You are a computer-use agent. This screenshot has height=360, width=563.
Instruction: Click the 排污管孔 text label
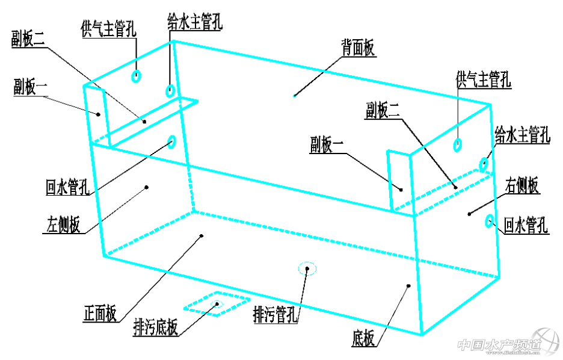click(276, 314)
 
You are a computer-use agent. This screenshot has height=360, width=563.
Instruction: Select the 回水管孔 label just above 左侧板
click(67, 187)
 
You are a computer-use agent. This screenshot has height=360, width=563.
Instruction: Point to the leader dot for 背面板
click(294, 95)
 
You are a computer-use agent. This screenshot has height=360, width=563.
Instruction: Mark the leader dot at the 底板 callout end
click(408, 285)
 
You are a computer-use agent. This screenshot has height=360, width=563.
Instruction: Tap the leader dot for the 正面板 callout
click(202, 235)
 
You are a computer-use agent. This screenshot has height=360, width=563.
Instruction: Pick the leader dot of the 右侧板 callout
click(469, 213)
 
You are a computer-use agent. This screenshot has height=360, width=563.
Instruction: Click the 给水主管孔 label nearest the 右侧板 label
click(522, 135)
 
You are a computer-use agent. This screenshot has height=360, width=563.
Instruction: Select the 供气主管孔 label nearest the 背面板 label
click(484, 79)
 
